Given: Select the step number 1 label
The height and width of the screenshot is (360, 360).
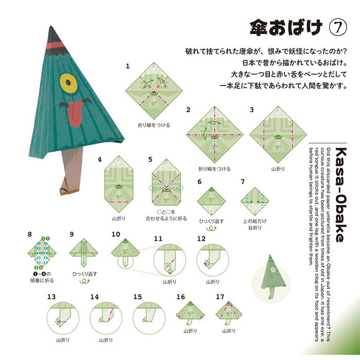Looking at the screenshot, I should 128,66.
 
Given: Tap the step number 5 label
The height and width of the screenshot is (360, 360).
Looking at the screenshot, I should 150,159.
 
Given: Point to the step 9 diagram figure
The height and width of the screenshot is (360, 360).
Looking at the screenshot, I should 83,253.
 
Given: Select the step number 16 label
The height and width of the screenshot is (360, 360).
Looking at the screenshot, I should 181,297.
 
